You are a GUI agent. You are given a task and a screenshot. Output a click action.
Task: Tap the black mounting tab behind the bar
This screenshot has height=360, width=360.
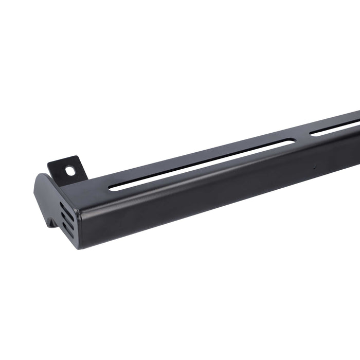(65, 167)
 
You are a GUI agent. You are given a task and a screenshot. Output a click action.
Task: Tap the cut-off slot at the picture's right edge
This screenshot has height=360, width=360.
(334, 129)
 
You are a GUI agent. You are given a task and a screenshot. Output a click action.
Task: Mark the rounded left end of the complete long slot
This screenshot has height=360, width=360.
(114, 188)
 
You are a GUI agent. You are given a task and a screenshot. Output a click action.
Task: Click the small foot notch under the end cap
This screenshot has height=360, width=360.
(51, 223)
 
